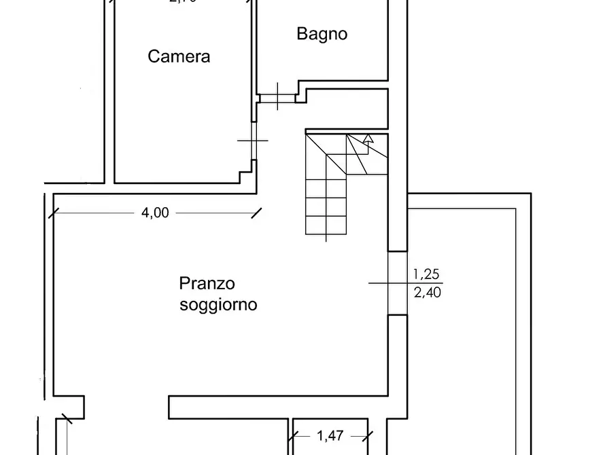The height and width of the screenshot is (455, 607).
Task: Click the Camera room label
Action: [x=179, y=56]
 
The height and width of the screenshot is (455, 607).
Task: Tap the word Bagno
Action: [x=322, y=34]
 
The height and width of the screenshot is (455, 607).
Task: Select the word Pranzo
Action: [x=207, y=283]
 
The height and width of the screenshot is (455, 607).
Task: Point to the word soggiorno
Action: [x=218, y=304]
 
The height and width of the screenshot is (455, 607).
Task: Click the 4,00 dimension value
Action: [x=154, y=213]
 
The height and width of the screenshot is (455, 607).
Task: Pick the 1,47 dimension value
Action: [x=330, y=436]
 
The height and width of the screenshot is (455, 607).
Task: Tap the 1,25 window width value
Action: [x=427, y=274]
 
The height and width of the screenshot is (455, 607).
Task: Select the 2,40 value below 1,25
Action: [x=427, y=293]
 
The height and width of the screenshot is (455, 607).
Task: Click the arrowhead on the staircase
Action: [x=368, y=139]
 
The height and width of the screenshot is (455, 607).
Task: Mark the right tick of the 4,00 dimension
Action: [x=257, y=213]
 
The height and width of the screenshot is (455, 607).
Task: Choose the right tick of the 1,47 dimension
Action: [x=368, y=436]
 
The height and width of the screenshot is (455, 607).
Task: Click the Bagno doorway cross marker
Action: [x=277, y=96]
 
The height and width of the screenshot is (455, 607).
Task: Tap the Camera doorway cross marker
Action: [x=252, y=141]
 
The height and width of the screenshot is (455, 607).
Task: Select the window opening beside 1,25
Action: [x=397, y=283]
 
